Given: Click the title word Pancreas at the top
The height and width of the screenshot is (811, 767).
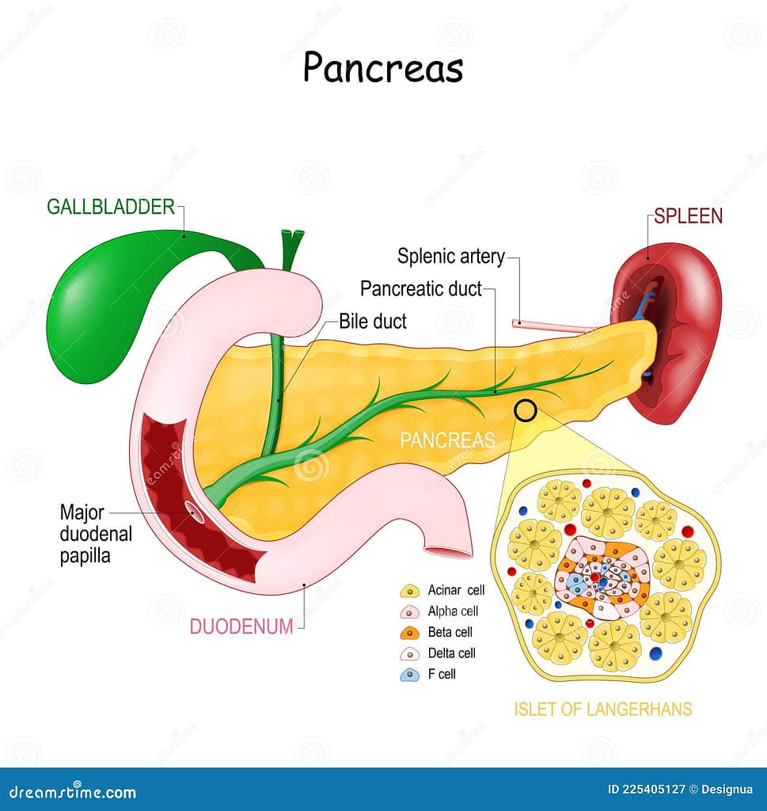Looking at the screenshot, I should click(x=383, y=69).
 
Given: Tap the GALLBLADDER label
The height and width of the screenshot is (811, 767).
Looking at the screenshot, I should click(x=110, y=208).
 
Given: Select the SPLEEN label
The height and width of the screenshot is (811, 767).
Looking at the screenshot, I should click(x=688, y=215).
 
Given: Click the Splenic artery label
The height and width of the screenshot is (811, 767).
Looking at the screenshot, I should click(x=450, y=256).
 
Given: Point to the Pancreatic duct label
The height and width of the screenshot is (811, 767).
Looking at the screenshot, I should click(x=420, y=289).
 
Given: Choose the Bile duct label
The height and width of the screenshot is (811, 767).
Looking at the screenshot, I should click(x=373, y=321).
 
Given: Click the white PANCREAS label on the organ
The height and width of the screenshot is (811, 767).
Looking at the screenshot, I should click(x=447, y=440).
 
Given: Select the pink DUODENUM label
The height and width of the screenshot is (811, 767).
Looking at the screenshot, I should click(x=241, y=626).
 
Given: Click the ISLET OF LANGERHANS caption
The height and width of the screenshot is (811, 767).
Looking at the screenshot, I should click(x=602, y=708).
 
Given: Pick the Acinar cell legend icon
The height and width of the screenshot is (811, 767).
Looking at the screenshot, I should click(x=410, y=591).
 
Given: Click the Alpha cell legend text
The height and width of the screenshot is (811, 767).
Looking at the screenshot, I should click(x=453, y=611).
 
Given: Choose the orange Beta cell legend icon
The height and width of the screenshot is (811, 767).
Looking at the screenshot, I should click(x=410, y=633).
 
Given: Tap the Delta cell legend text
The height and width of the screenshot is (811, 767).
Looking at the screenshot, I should click(x=451, y=653).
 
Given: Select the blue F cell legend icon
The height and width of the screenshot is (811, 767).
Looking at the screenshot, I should click(x=410, y=675).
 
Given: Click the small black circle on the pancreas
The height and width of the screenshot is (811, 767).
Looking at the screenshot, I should click(x=525, y=410).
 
